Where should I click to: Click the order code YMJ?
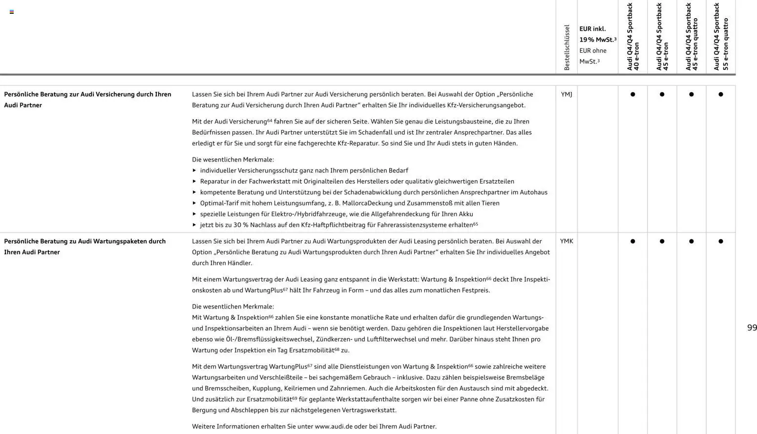pos(566,94)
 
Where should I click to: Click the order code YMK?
pos(566,241)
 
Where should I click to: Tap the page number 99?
pos(752,328)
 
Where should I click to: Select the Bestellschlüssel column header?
pos(567,47)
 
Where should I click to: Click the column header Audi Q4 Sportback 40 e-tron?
pos(633,37)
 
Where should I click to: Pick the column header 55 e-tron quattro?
pos(721,37)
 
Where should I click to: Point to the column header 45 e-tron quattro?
pos(692,37)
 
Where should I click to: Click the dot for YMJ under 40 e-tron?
pos(633,94)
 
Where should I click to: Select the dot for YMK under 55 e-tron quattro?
pos(721,241)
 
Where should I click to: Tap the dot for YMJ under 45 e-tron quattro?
pos(692,94)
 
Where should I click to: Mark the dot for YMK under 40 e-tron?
pos(633,241)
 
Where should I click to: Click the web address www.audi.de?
pos(334,426)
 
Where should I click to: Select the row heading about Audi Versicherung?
pos(87,100)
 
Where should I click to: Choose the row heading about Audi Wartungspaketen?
pos(85,247)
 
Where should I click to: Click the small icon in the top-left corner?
pos(12,12)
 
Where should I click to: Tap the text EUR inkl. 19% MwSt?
pos(597,34)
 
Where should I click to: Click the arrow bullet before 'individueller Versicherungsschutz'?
pos(194,170)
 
